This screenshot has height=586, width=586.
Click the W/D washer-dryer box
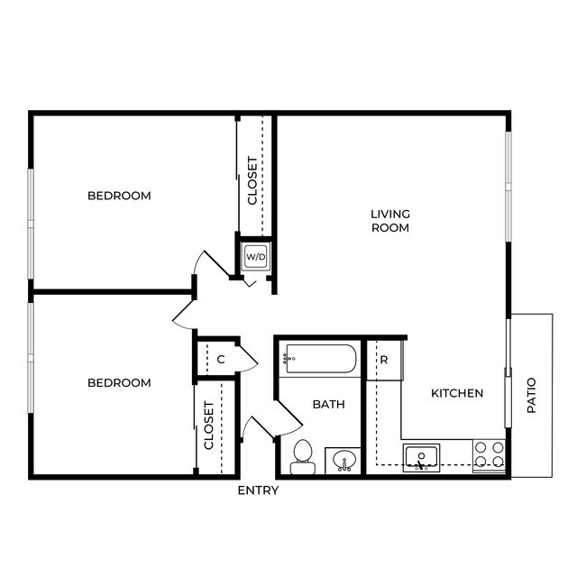[x=256, y=257]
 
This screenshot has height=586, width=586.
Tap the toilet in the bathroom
[x=302, y=455]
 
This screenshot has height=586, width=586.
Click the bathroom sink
[x=343, y=462]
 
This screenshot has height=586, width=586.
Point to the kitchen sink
[x=421, y=455]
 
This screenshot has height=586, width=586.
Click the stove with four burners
[x=490, y=455]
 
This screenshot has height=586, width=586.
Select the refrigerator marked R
[x=383, y=360]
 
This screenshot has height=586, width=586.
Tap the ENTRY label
[x=258, y=490]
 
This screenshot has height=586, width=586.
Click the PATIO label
[x=531, y=395]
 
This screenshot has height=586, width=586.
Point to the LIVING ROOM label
[x=390, y=221]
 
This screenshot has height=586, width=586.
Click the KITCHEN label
[x=457, y=393]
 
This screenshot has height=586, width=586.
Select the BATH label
[x=328, y=405]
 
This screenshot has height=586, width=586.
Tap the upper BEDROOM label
[x=119, y=196]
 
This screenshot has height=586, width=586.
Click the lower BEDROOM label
[x=119, y=383]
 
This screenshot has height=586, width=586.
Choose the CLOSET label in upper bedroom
[x=253, y=181]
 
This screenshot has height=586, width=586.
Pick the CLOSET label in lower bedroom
[x=209, y=426]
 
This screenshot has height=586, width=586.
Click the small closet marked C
[x=221, y=360]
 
